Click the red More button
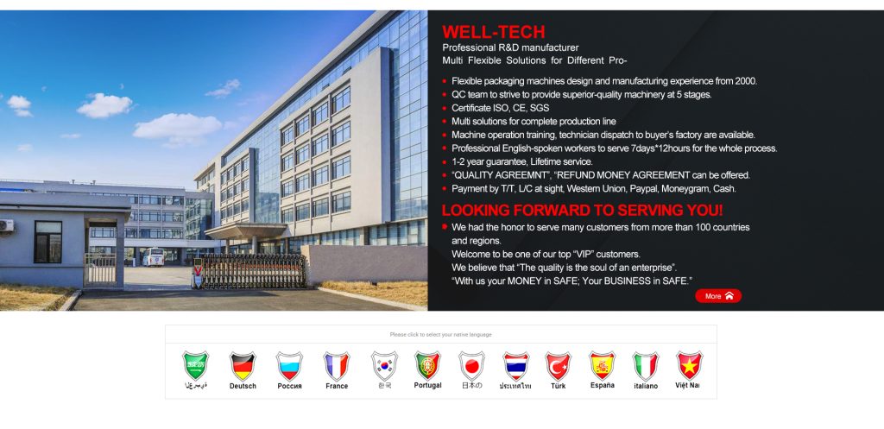(x=717, y=296)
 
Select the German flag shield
(x=243, y=366)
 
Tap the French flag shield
(x=337, y=366)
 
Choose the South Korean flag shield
(x=384, y=366)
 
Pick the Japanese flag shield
(x=471, y=366)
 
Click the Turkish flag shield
(x=559, y=366)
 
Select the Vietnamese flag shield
(x=690, y=366)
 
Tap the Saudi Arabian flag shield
(x=196, y=366)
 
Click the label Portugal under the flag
(x=428, y=386)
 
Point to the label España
(x=603, y=386)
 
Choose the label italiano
(x=646, y=386)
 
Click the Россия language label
(x=290, y=386)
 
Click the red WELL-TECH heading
(x=493, y=32)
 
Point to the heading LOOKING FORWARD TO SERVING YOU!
(x=582, y=211)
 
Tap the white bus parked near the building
(x=153, y=257)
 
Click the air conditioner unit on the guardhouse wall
(x=6, y=226)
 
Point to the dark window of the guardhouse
(x=48, y=242)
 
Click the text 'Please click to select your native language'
(x=440, y=335)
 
